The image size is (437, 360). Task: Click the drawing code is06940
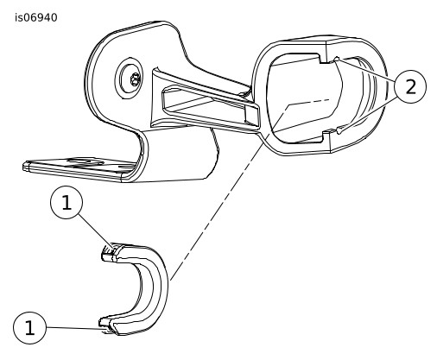36,17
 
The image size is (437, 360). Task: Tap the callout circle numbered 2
410,86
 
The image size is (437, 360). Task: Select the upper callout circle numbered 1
66,203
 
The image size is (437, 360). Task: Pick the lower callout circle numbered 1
29,328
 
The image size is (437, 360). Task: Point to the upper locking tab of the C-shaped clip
110,253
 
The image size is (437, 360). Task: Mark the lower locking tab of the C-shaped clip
108,325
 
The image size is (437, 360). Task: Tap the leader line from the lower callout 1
74,328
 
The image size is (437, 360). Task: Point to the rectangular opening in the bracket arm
210,105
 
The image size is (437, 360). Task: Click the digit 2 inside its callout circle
411,86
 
